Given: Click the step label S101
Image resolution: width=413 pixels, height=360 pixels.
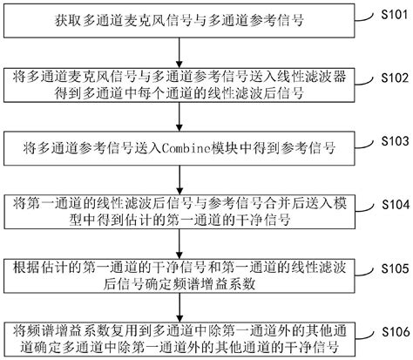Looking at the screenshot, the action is click(395, 14).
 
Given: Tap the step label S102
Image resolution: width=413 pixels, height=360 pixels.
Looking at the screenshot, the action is click(395, 78).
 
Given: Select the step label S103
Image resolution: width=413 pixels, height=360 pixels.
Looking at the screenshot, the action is click(395, 141).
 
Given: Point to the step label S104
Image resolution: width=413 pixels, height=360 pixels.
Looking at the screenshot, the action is click(396, 205).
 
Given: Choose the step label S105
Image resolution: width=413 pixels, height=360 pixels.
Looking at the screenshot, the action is click(396, 268).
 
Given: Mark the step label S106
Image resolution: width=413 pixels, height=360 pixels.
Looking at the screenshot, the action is click(396, 332).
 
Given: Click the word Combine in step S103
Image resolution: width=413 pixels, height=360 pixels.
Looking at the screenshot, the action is click(186, 148).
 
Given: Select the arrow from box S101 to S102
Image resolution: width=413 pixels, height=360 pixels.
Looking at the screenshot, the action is click(179, 53).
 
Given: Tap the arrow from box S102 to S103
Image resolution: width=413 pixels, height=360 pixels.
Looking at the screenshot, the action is click(179, 117).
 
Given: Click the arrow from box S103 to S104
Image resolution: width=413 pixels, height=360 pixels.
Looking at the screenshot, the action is click(179, 180).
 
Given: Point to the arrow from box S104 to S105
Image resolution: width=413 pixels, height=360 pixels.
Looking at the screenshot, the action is click(179, 244).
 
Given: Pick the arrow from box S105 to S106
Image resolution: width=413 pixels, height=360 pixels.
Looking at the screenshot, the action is click(179, 308).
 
